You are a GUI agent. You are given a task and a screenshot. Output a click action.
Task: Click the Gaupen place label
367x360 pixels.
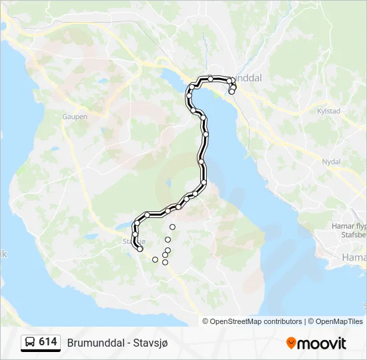(x=75, y=116)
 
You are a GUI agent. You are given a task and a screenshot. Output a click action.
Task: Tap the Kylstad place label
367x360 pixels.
(x=329, y=111)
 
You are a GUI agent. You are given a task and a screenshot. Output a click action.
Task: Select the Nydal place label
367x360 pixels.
(x=331, y=161)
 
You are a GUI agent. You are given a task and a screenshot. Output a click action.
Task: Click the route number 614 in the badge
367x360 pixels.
(x=47, y=342)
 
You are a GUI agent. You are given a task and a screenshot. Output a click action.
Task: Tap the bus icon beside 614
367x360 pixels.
(x=31, y=343)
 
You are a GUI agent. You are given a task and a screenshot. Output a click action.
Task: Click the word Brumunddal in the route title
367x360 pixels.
(x=94, y=343)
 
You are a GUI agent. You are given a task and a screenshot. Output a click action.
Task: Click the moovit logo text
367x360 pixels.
(x=322, y=343)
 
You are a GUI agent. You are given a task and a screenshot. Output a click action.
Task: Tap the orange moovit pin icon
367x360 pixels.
(x=291, y=343)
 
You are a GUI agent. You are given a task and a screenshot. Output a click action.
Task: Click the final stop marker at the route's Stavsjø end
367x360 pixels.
(x=140, y=249)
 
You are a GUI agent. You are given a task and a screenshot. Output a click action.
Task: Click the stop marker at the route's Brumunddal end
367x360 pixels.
(x=232, y=91)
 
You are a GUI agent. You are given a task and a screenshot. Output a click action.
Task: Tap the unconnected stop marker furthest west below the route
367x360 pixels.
(x=155, y=259)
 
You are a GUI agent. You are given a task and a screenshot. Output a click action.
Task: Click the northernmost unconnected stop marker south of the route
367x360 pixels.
(x=172, y=227)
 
